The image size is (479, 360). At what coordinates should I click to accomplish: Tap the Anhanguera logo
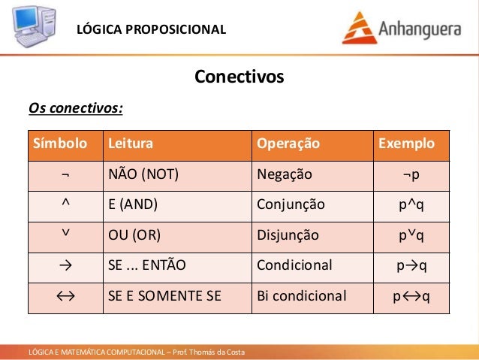pos(404,27)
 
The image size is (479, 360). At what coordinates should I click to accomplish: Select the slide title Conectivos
pos(239,77)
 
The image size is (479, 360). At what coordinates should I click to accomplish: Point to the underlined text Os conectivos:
pos(75,109)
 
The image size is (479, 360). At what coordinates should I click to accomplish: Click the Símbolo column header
pos(58,144)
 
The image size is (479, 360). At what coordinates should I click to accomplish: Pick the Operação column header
pos(288,144)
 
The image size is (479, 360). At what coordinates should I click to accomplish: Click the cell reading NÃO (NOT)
pos(143,174)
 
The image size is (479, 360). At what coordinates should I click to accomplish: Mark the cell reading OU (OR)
pos(134,235)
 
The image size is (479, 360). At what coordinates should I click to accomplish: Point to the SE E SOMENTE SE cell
pos(164,296)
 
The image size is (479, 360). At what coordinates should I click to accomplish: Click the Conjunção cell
pos(291,204)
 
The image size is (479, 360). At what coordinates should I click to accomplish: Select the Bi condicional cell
pos(302,296)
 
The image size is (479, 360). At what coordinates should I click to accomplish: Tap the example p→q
pos(411,265)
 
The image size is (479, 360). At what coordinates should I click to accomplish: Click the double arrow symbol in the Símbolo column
pos(65,295)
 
